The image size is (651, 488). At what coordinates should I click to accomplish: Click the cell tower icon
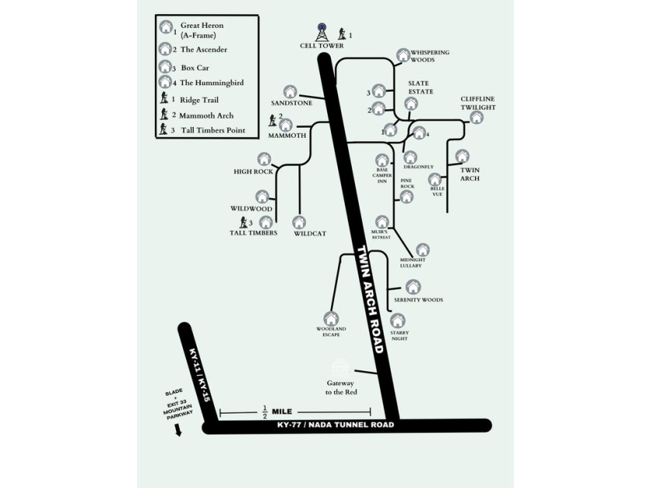point(322,33)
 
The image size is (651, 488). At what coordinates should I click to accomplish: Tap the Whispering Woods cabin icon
point(402,56)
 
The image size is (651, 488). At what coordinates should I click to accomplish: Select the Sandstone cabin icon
point(291,92)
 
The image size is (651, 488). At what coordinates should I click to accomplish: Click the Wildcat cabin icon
point(299,222)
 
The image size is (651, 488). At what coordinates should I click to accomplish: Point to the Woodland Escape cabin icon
point(331,318)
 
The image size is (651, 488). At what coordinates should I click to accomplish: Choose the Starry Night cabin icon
point(398,320)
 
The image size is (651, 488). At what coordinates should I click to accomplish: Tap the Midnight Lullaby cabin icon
point(422,250)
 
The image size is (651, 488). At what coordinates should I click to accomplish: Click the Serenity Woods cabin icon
point(414,287)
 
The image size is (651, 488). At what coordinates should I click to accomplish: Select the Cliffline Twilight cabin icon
point(477,117)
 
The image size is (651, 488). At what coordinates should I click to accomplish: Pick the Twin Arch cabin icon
point(463,156)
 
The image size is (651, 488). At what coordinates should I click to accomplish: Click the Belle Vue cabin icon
point(436,180)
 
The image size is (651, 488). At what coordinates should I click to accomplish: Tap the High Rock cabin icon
point(264,160)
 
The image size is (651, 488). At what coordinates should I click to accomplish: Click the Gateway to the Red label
point(340,387)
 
